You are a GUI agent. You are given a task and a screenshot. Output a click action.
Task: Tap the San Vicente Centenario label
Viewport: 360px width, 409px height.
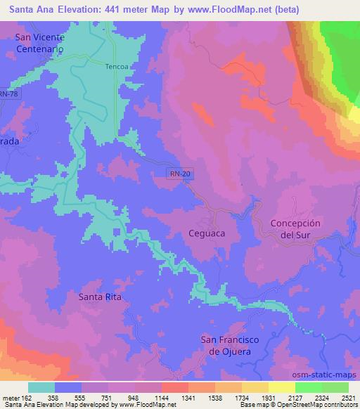40,44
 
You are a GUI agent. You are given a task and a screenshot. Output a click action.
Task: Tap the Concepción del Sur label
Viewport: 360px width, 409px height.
295,228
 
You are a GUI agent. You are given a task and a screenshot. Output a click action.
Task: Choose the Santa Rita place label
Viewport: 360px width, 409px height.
100,297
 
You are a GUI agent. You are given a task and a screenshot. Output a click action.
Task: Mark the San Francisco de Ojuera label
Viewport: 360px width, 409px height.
230,346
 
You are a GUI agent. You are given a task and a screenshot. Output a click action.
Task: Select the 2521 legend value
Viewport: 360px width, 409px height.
348,397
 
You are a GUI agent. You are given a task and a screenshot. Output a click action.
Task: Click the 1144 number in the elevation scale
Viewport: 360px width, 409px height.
162,397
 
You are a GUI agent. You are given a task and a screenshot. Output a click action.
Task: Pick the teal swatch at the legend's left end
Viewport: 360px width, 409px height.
41,387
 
